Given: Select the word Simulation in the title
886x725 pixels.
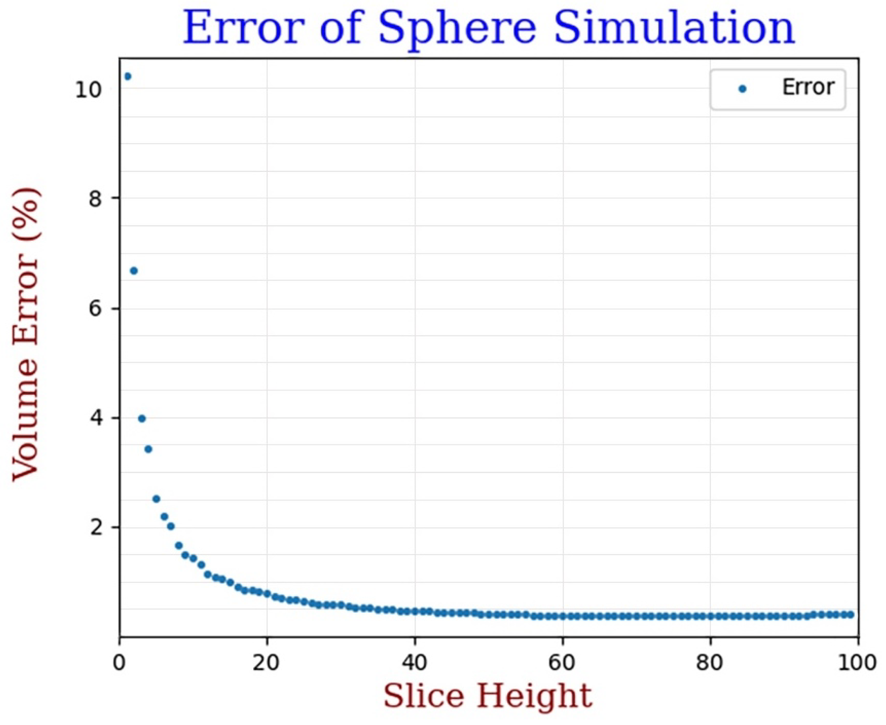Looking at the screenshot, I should (x=674, y=28).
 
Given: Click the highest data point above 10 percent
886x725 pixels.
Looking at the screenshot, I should (x=128, y=76).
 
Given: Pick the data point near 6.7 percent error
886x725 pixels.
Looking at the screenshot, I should (x=134, y=271).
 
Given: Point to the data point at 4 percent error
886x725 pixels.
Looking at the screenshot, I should (x=142, y=418).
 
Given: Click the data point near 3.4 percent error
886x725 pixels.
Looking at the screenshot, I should (x=148, y=449).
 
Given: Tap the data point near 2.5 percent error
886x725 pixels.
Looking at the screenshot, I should (x=156, y=499).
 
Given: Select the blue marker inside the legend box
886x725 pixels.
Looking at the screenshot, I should (x=742, y=89).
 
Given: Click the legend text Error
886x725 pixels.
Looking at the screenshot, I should (x=808, y=88).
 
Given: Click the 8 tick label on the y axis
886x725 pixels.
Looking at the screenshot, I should (x=95, y=199).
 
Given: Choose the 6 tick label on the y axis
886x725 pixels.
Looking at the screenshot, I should (x=95, y=309).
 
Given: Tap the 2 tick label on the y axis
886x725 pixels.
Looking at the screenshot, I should (x=95, y=528).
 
